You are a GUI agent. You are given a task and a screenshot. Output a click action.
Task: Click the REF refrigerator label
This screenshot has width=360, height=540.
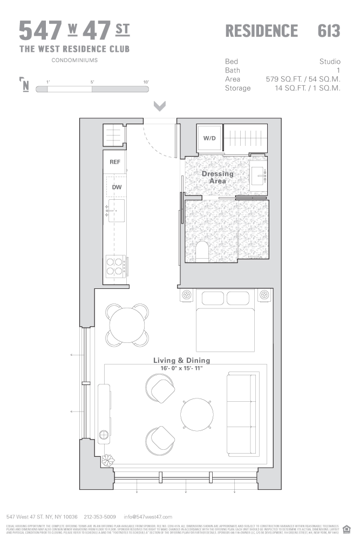coord(115,162)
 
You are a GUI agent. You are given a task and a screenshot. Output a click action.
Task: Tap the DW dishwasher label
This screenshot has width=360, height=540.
coord(116,187)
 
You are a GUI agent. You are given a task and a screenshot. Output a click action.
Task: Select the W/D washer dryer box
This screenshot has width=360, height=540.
coord(209,138)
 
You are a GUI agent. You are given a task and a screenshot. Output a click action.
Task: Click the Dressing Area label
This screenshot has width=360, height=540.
coord(218,177)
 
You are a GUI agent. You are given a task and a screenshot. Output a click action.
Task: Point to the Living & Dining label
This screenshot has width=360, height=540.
coord(181,360)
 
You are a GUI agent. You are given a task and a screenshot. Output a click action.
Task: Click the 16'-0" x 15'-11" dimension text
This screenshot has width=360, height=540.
coord(181,368)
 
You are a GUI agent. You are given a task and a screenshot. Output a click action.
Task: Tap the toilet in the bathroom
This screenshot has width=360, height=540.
coord(202,251)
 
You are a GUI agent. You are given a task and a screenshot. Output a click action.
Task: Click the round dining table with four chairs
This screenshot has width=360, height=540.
coord(127,325)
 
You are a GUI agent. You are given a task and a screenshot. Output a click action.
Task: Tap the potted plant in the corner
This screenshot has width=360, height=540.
coord(108,460)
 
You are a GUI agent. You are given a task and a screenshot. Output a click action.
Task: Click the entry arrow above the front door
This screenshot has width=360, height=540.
coord(160,105)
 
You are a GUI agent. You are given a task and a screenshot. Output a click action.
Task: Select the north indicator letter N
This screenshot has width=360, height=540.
coord(25,86)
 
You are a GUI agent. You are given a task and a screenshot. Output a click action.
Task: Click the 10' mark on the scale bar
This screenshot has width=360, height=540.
coord(146,82)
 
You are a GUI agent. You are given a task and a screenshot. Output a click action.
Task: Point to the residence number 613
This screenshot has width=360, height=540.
coord(329,31)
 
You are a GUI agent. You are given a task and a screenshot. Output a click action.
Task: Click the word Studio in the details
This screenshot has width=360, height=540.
coord(330,62)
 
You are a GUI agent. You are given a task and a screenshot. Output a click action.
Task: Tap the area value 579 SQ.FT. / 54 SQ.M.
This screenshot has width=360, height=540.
coord(303,79)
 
